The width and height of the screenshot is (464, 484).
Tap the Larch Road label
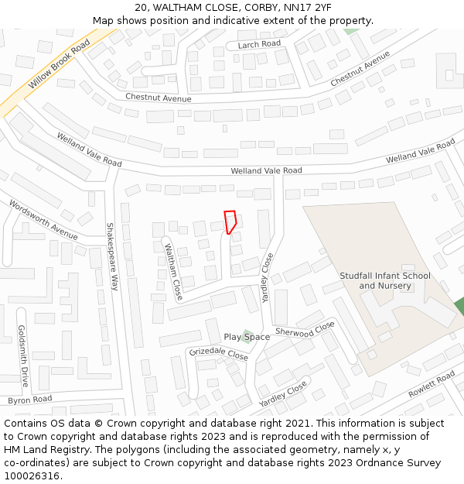(x=260, y=44)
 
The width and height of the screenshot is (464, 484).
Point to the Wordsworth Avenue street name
(x=43, y=219)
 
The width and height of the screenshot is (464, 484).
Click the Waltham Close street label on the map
(x=173, y=273)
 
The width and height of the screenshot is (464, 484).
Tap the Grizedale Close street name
(x=219, y=354)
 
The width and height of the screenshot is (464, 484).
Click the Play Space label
(x=247, y=337)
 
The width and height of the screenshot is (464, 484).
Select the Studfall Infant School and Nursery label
(x=385, y=280)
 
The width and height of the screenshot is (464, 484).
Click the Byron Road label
(x=29, y=400)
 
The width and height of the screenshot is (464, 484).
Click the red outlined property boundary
(x=230, y=221)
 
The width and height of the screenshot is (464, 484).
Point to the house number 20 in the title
(x=141, y=8)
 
